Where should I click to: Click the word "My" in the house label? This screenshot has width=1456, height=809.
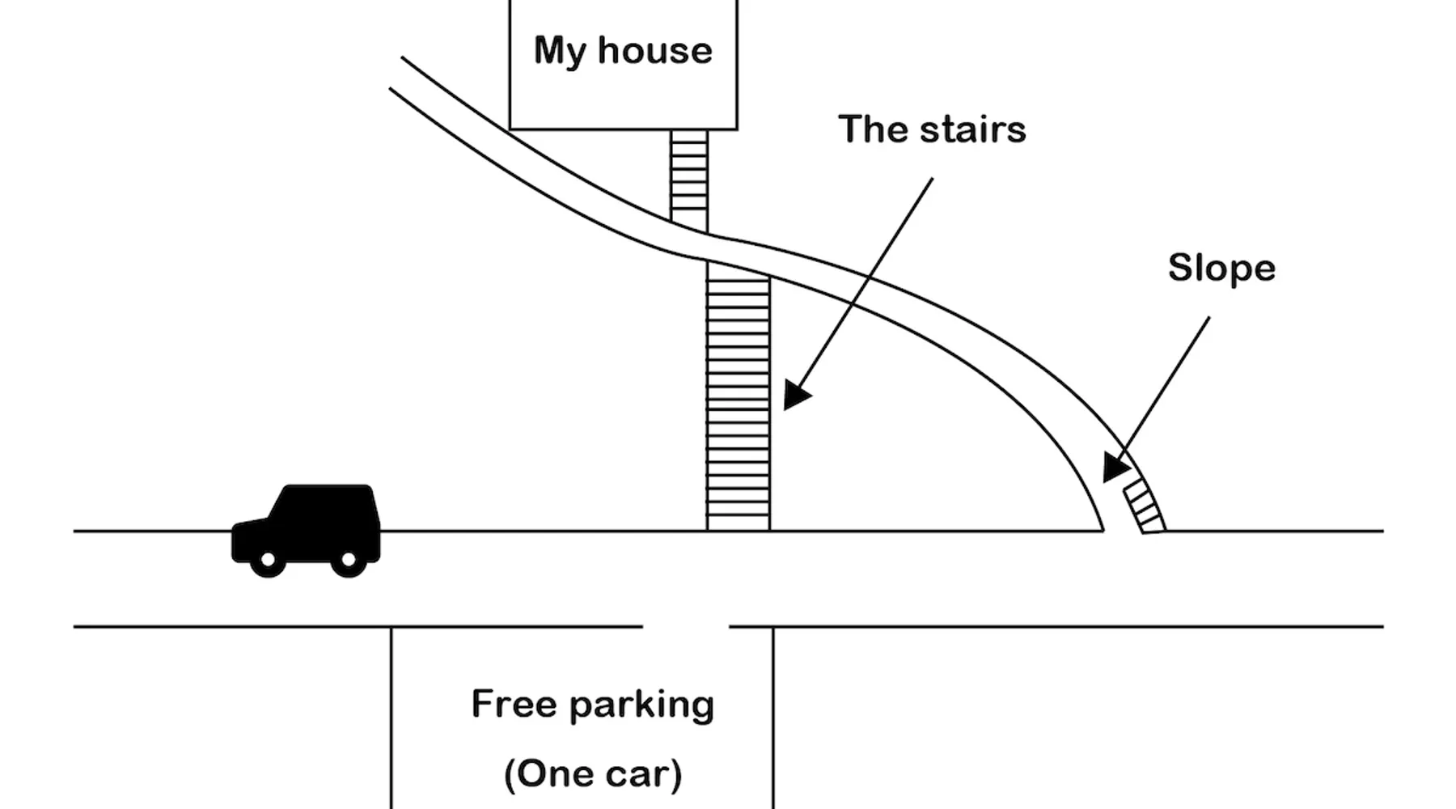pyautogui.click(x=559, y=52)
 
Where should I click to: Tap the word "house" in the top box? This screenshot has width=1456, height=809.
pyautogui.click(x=655, y=50)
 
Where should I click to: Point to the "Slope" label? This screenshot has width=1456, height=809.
pyautogui.click(x=1221, y=269)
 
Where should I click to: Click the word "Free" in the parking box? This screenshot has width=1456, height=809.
pyautogui.click(x=514, y=704)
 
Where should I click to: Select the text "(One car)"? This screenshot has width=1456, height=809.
pyautogui.click(x=593, y=774)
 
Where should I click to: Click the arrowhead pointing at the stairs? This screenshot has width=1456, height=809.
pyautogui.click(x=794, y=396)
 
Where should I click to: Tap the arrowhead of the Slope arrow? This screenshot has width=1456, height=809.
pyautogui.click(x=1115, y=468)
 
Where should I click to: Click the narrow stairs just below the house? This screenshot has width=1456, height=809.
pyautogui.click(x=688, y=178)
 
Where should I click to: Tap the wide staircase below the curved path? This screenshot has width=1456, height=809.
pyautogui.click(x=738, y=404)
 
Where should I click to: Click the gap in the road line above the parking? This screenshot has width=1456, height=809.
pyautogui.click(x=686, y=626)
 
